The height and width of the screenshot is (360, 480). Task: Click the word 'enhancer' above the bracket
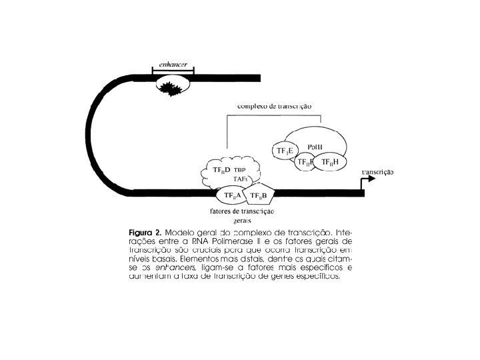click(172, 63)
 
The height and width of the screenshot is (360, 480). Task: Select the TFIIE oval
click(285, 151)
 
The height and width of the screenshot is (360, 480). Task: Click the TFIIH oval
click(330, 162)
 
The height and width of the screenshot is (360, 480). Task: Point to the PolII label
click(316, 147)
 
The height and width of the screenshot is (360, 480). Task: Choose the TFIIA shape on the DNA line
click(232, 195)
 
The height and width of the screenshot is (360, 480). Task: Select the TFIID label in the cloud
click(221, 171)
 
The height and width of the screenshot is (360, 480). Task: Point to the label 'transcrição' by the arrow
click(377, 172)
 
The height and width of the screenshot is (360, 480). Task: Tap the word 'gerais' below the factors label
click(243, 221)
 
